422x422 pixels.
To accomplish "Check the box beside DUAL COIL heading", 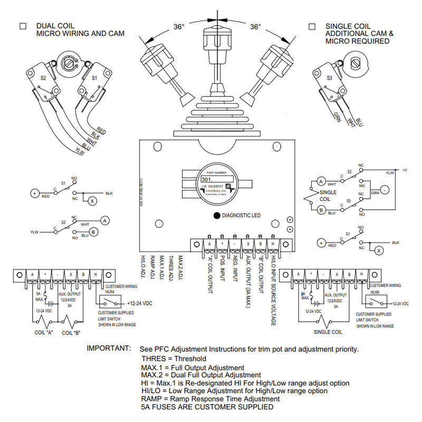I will point(23,26).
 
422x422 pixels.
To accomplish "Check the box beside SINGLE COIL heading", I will point(312,26).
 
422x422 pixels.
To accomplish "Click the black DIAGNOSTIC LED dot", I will point(216,215).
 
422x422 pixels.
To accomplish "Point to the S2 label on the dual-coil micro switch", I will point(44,78).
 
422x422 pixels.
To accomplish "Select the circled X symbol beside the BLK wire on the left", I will point(92,201).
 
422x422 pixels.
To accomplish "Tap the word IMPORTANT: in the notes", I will point(108,349).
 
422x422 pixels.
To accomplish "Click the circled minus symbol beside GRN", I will point(385,189).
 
